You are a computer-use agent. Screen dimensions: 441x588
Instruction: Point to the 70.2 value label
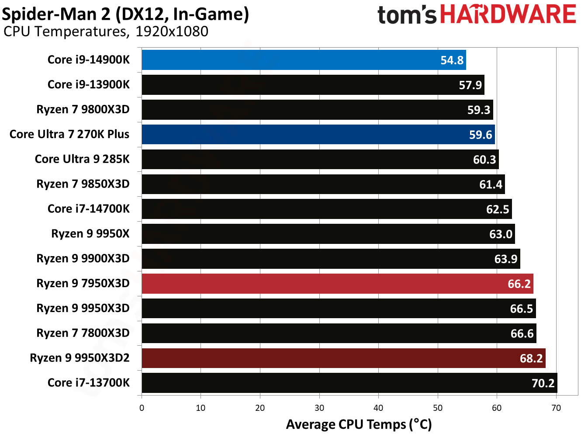543,383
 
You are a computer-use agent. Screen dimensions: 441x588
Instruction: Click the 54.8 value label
452,60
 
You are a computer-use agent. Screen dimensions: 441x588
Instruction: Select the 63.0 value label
501,234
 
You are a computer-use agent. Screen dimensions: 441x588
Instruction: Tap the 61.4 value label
491,184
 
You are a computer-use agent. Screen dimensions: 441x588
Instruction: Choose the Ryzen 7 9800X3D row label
83,109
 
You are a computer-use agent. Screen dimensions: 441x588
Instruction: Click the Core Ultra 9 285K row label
82,159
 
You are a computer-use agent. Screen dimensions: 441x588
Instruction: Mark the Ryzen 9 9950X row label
90,234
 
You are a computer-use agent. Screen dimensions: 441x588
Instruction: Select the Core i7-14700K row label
89,209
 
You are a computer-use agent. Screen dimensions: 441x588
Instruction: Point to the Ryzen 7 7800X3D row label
83,333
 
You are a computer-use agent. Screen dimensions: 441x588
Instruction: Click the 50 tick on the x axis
438,408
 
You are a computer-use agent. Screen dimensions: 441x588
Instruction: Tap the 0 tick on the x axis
142,408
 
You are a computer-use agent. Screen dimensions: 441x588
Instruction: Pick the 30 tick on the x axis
319,408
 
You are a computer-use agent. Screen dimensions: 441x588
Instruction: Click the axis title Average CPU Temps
359,424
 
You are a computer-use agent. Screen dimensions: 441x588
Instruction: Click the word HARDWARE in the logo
508,14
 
